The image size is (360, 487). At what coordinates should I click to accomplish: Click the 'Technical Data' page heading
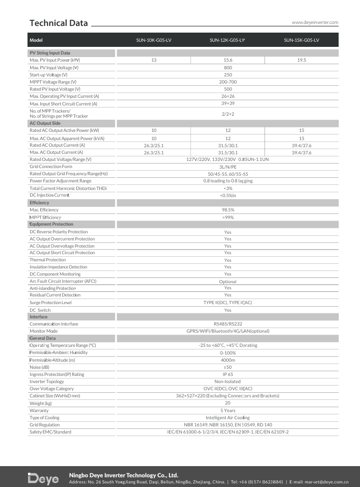coord(59,23)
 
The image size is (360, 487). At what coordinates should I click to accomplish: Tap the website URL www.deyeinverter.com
coord(315,22)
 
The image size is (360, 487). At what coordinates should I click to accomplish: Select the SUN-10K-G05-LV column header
coord(154,40)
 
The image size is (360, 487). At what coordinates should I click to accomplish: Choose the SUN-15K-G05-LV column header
coord(301,40)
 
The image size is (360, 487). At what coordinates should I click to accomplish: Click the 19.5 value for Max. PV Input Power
coord(301,60)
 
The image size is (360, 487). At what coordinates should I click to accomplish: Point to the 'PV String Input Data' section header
coord(50,53)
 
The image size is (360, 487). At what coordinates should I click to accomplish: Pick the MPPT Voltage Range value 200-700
coord(228,82)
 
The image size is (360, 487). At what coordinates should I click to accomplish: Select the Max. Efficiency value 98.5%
coord(228,210)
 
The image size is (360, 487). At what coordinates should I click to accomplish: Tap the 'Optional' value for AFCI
coord(228,282)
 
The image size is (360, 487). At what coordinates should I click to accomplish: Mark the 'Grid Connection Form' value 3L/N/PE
coord(228,167)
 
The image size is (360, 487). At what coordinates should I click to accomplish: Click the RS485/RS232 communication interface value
coord(228,324)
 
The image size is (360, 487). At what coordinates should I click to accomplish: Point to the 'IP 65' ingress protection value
coord(228,374)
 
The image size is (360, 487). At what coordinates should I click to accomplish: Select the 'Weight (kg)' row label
coord(41,403)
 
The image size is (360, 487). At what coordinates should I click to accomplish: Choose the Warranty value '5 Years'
coord(228,411)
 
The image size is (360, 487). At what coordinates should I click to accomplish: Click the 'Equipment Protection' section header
coord(51,224)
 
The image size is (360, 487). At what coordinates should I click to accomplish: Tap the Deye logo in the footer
coord(43,479)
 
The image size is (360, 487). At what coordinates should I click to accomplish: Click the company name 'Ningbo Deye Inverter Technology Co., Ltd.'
coord(124,475)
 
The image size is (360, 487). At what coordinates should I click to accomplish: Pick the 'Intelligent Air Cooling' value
coord(228,418)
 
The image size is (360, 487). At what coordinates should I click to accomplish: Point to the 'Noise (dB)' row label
coord(40,367)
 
